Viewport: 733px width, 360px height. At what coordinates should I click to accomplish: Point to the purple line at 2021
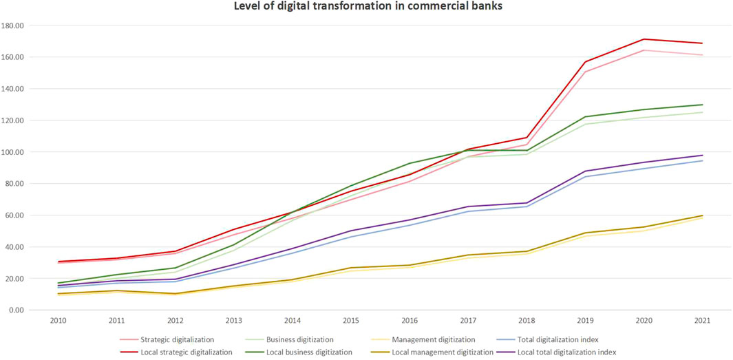click(702, 155)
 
